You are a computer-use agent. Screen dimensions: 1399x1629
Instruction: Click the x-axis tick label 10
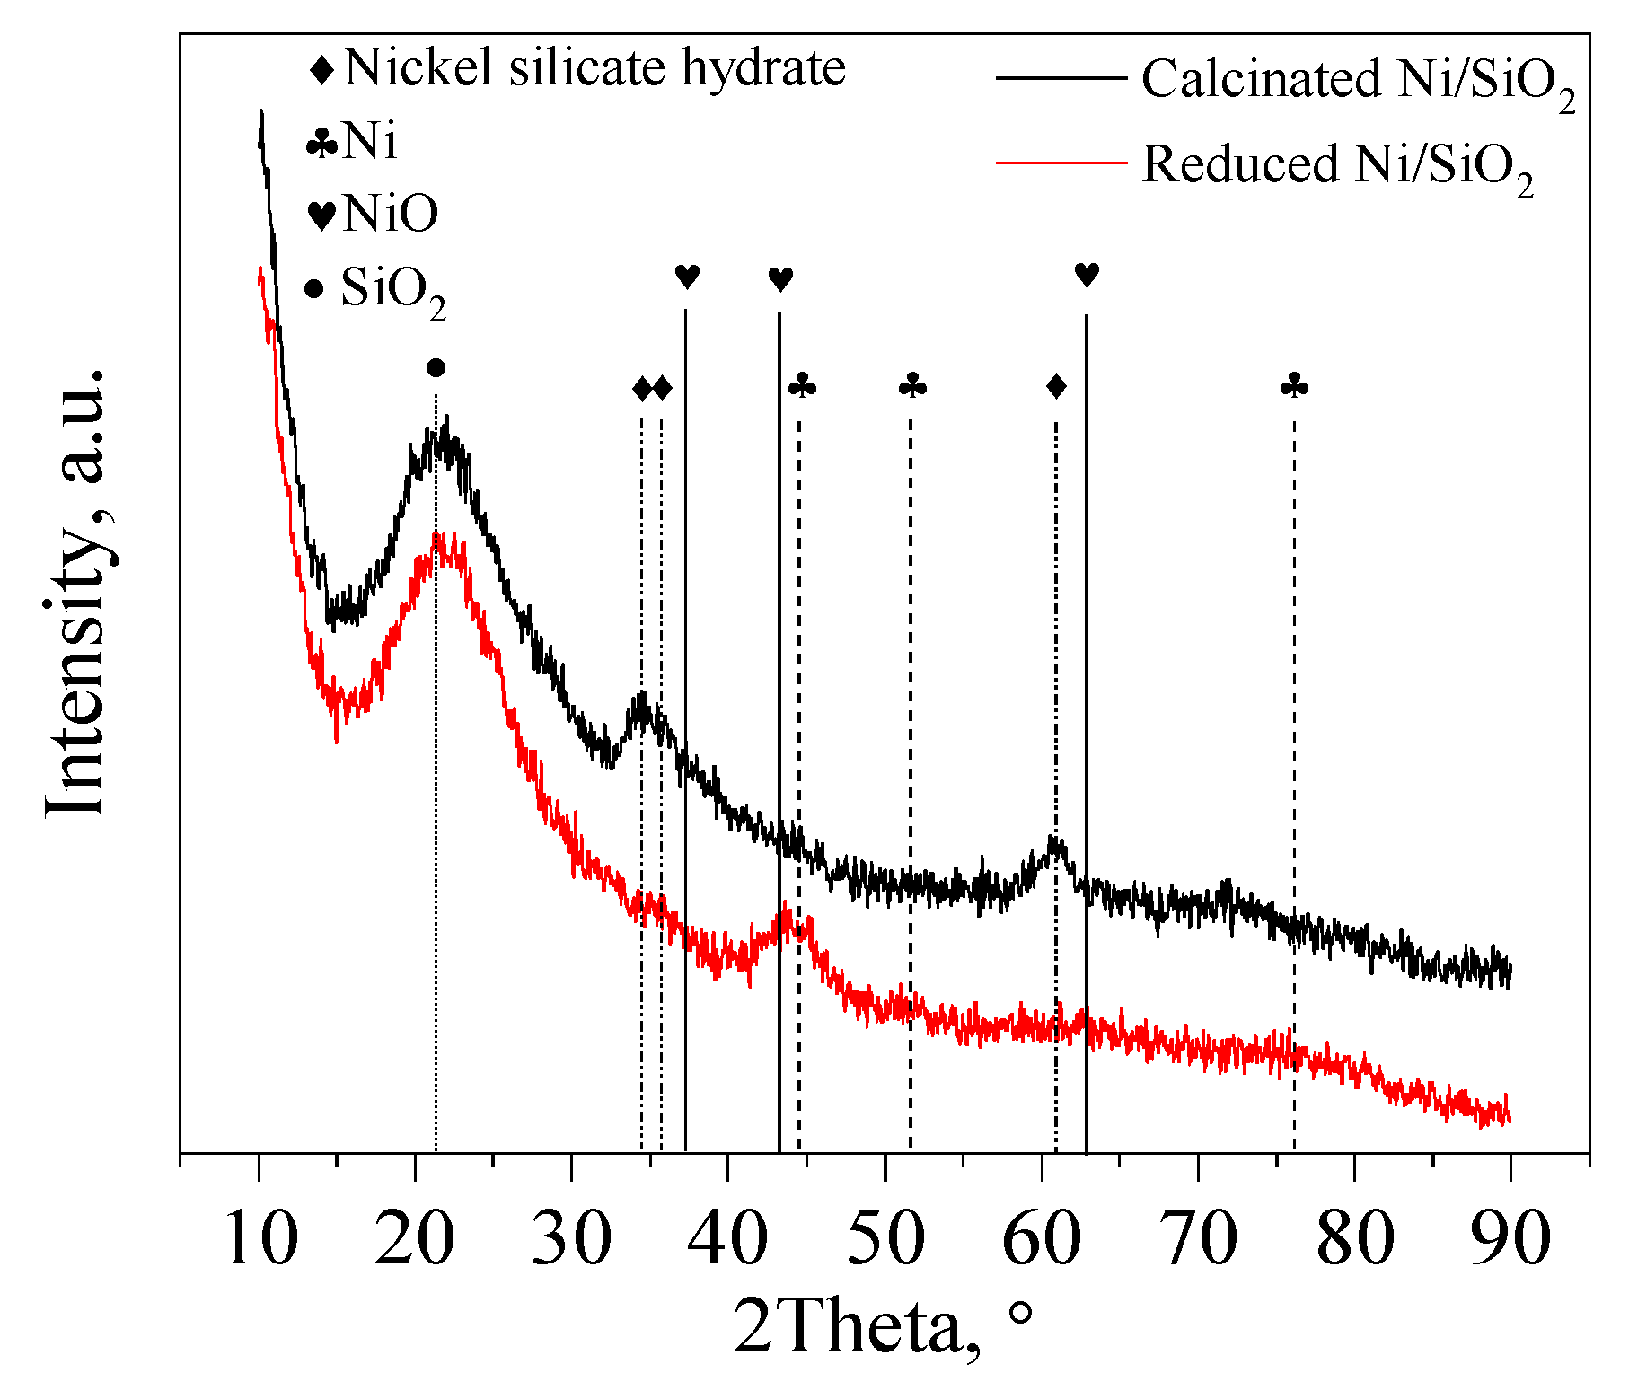(260, 1238)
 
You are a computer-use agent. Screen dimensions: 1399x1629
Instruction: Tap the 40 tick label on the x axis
(727, 1238)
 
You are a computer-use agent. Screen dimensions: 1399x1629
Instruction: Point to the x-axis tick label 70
(1199, 1238)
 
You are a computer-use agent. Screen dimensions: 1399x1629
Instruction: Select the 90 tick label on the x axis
(1510, 1238)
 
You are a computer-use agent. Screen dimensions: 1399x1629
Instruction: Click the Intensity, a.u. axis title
(76, 593)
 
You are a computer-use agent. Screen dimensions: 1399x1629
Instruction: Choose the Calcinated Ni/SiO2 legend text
(1358, 81)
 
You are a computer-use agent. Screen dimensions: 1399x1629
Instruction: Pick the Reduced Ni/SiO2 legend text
(1337, 167)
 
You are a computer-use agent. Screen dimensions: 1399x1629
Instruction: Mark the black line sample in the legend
(1061, 78)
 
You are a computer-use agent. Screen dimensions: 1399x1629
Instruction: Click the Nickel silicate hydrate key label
(594, 67)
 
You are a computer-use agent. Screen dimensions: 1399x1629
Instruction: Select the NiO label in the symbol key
(390, 214)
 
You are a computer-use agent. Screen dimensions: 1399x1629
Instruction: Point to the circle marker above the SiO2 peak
(436, 367)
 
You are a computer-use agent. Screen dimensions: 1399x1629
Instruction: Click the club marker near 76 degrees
(1294, 387)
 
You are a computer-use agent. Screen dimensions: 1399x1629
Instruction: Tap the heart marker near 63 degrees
(1087, 275)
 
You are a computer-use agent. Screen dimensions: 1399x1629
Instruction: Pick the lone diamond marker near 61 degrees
(1056, 387)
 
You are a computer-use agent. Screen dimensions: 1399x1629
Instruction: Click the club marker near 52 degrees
(912, 387)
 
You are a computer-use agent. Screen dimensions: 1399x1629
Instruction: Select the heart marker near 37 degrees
(687, 277)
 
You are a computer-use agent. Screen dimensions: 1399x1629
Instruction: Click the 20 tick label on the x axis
(415, 1238)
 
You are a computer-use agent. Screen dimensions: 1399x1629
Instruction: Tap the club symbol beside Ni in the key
(321, 143)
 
